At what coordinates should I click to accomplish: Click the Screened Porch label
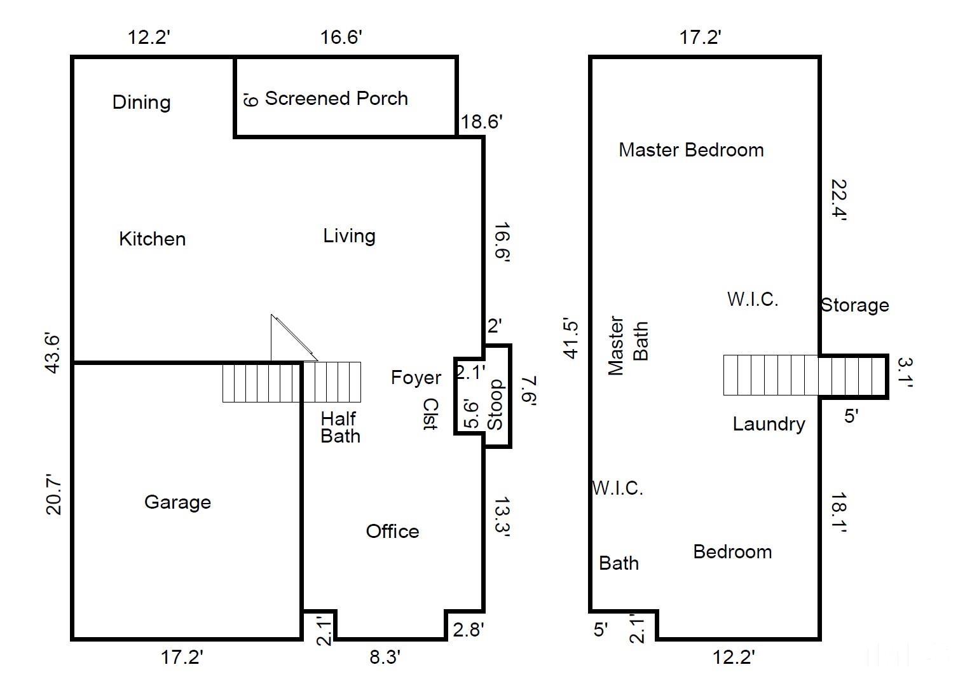pyautogui.click(x=336, y=99)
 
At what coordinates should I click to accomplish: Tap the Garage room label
pyautogui.click(x=177, y=502)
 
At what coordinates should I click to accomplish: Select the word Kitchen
pyautogui.click(x=153, y=238)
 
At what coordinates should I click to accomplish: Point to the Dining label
pyautogui.click(x=142, y=102)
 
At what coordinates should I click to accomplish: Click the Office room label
pyautogui.click(x=393, y=531)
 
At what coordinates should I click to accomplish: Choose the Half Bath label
pyautogui.click(x=341, y=427)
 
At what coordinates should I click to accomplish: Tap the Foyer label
pyautogui.click(x=416, y=378)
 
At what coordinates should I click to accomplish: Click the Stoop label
pyautogui.click(x=495, y=404)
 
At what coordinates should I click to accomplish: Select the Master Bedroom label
pyautogui.click(x=691, y=150)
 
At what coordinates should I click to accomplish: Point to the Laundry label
pyautogui.click(x=769, y=424)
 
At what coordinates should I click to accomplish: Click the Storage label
pyautogui.click(x=855, y=305)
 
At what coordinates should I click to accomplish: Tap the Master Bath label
pyautogui.click(x=628, y=345)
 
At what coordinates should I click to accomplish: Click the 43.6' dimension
pyautogui.click(x=53, y=354)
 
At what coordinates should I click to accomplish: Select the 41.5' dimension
pyautogui.click(x=571, y=338)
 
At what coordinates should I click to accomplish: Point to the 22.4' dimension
pyautogui.click(x=838, y=200)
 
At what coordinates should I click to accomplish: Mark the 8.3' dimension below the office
pyautogui.click(x=385, y=657)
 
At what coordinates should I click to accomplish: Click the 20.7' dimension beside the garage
pyautogui.click(x=53, y=495)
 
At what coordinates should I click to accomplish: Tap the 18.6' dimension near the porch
pyautogui.click(x=482, y=122)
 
